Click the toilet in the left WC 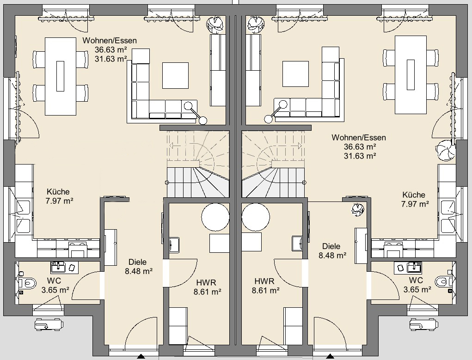pos(27,282)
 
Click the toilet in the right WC pos(444,281)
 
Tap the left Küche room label pos(58,192)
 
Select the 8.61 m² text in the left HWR pos(208,292)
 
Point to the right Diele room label pos(331,246)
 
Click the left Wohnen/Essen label pos(110,40)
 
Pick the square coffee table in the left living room pos(176,75)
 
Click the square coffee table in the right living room pos(295,74)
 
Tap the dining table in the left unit pos(60,76)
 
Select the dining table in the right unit pos(411,75)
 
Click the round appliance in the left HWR pos(215,217)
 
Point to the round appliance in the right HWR pos(256,217)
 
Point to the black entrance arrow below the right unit pos(330,357)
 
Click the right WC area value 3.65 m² pos(417,290)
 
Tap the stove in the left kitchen pos(78,249)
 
